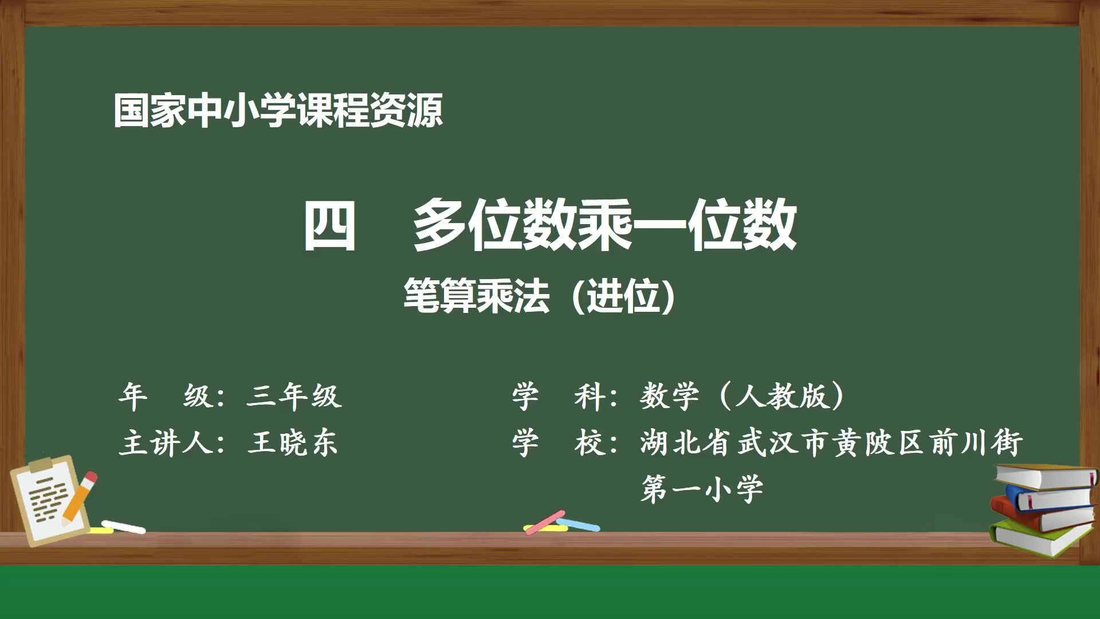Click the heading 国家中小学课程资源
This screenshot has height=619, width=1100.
278,110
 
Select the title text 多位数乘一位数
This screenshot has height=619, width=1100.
604,225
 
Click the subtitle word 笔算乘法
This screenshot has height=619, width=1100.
476,296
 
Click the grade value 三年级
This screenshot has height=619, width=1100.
294,396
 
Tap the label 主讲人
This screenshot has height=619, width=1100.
166,443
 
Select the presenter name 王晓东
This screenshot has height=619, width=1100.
293,443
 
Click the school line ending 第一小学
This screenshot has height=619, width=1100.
702,489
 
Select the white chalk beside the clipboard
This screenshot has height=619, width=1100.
123,527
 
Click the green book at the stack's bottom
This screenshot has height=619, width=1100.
1040,539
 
